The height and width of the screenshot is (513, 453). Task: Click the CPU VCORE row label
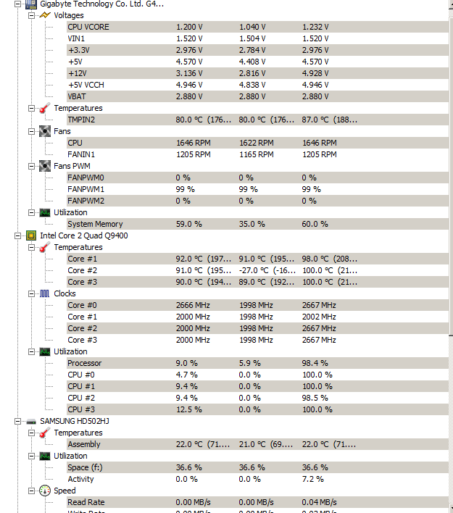pyautogui.click(x=88, y=27)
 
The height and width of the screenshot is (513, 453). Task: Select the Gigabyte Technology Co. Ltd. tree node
pyautogui.click(x=101, y=4)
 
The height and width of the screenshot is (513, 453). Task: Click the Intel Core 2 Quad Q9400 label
pyautogui.click(x=84, y=235)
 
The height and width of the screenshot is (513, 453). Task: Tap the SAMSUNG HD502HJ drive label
pyautogui.click(x=75, y=421)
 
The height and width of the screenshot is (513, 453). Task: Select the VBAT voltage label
pyautogui.click(x=77, y=96)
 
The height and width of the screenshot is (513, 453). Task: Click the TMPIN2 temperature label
pyautogui.click(x=81, y=120)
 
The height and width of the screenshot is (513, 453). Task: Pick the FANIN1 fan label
pyautogui.click(x=81, y=154)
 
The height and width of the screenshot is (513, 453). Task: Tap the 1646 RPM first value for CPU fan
pyautogui.click(x=193, y=143)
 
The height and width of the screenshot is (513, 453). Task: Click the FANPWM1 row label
pyautogui.click(x=86, y=189)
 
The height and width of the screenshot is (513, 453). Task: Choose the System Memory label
pyautogui.click(x=95, y=224)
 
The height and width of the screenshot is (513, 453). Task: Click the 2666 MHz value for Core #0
pyautogui.click(x=193, y=305)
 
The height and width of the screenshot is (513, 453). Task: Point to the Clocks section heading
pyautogui.click(x=65, y=293)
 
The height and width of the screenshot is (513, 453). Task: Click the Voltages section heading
pyautogui.click(x=68, y=15)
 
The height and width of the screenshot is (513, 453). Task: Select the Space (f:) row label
pyautogui.click(x=85, y=467)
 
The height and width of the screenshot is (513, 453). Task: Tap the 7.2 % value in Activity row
pyautogui.click(x=312, y=479)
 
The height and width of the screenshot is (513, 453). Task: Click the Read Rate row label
pyautogui.click(x=86, y=502)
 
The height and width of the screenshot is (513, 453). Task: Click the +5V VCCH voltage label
pyautogui.click(x=86, y=85)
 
